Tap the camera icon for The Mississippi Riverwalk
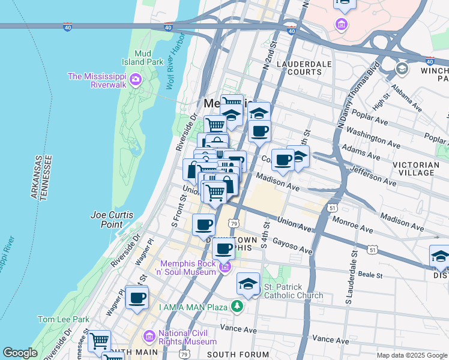click(136, 79)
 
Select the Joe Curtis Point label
click(115, 219)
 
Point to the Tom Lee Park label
click(63, 319)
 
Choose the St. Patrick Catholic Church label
click(293, 291)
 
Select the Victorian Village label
click(421, 168)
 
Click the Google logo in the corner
click(20, 353)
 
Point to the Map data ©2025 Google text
click(411, 355)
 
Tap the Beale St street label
click(371, 275)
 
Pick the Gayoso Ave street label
click(294, 245)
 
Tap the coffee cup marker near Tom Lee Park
click(137, 297)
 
